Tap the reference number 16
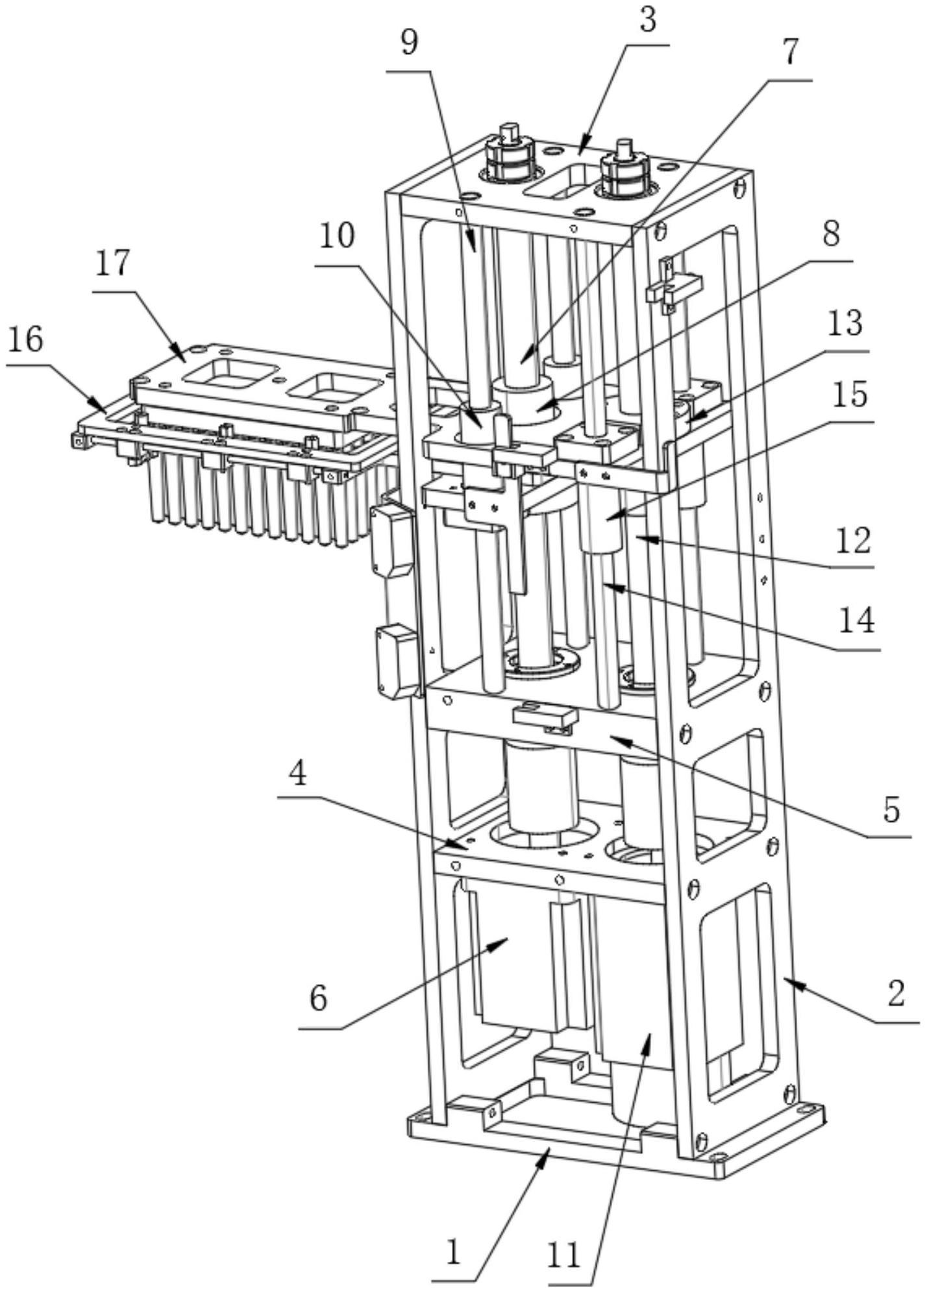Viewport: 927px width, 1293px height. tap(25, 339)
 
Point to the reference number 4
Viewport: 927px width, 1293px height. tap(298, 774)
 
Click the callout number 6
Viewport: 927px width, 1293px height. tap(318, 998)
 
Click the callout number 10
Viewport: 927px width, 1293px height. tap(337, 237)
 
